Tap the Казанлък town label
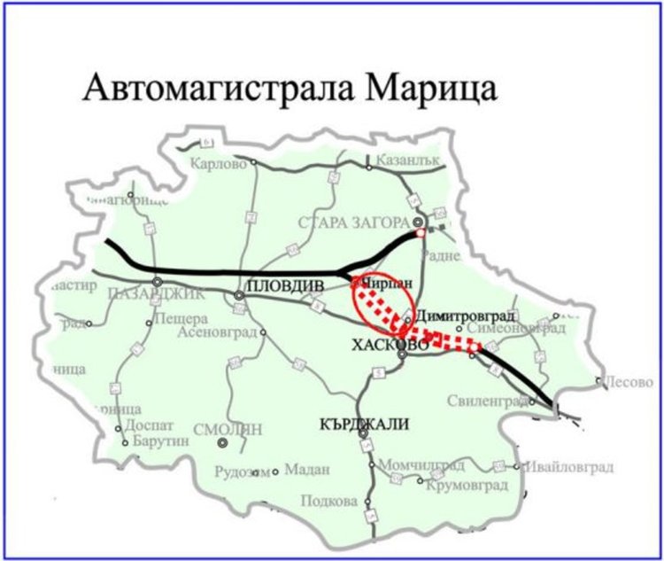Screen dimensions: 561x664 407,163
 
